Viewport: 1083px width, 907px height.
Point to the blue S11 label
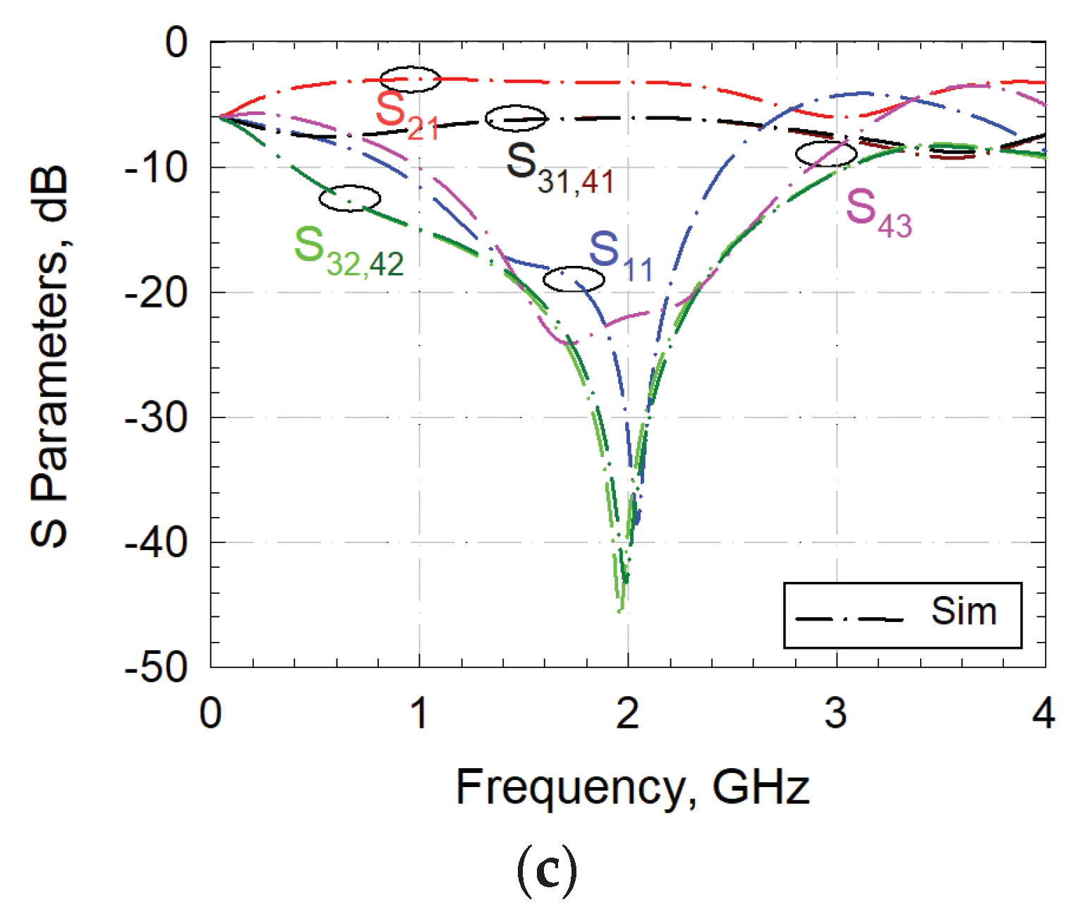pos(620,257)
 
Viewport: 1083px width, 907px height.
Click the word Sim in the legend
pos(964,611)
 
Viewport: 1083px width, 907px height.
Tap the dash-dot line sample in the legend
pos(849,619)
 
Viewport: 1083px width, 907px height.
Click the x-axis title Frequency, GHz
pos(632,787)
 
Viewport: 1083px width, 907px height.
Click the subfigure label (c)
pos(547,872)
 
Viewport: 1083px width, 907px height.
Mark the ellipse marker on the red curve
pos(410,80)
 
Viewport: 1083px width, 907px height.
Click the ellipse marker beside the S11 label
pos(574,279)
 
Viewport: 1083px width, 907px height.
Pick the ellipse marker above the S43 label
pos(826,154)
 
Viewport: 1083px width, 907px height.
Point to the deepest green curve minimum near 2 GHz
pos(620,611)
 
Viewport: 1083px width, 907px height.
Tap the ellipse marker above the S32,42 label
pos(349,199)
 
